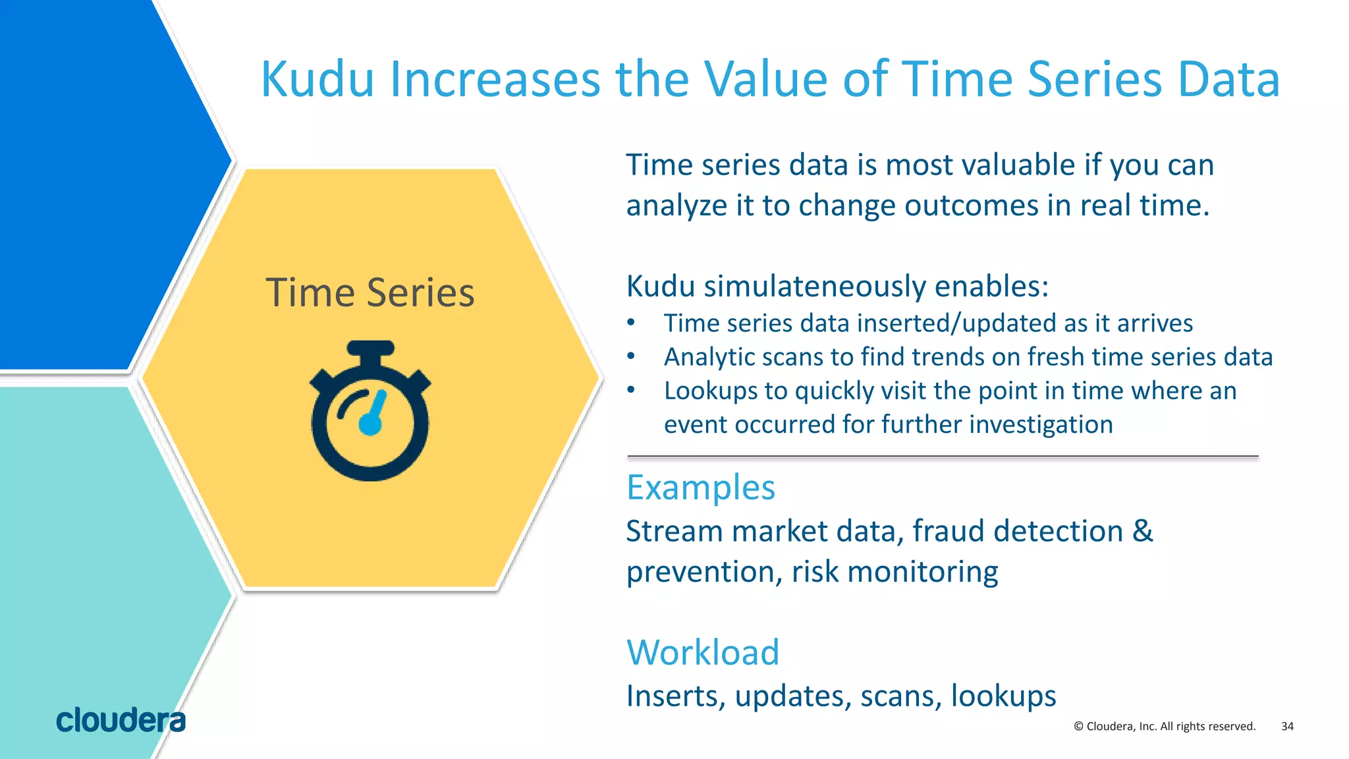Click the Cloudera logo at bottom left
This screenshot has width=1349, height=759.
pos(121,720)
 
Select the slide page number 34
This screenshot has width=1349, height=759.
pos(1287,726)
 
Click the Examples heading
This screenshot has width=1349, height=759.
pos(700,488)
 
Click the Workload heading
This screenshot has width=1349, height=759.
pos(703,652)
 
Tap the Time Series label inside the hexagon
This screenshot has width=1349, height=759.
pos(370,293)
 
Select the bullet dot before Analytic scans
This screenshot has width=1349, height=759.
pos(631,356)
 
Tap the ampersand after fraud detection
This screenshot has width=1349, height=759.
pos(1143,531)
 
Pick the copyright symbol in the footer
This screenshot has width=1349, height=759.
pos(1078,726)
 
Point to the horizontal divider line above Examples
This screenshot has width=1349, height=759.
pos(942,456)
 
